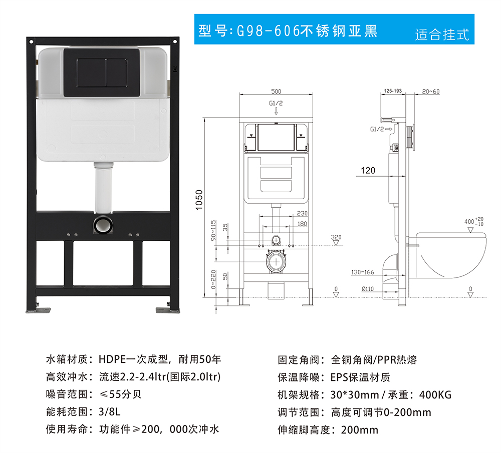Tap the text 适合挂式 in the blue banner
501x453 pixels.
click(x=442, y=35)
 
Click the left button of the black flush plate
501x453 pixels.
click(x=91, y=73)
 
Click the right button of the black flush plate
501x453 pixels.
click(x=117, y=73)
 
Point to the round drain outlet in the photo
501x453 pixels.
click(x=103, y=224)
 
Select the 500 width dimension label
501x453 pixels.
click(x=276, y=91)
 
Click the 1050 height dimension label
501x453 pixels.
click(x=199, y=200)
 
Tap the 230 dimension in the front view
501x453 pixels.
click(x=302, y=213)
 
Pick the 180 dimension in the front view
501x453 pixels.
click(x=302, y=224)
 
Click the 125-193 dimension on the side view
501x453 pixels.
click(x=393, y=91)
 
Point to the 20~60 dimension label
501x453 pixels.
click(x=431, y=92)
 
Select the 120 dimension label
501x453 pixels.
click(x=368, y=171)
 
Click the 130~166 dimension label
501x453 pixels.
click(x=363, y=272)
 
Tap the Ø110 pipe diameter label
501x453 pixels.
click(x=368, y=289)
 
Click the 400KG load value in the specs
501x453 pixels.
click(x=435, y=395)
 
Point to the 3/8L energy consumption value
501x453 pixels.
click(x=110, y=412)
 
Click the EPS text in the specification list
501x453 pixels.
click(x=339, y=377)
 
